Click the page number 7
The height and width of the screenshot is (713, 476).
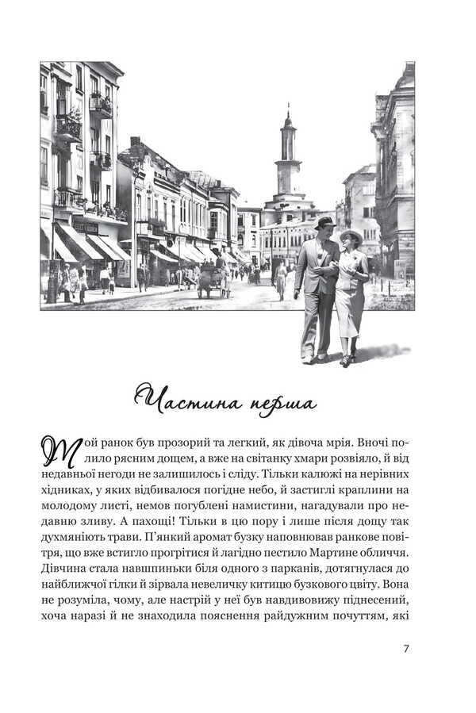pos(405,648)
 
